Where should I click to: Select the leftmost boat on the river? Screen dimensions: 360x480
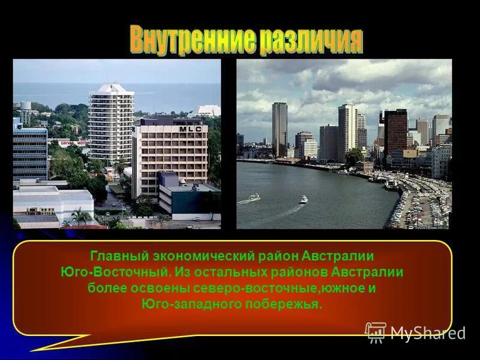[x=254, y=197]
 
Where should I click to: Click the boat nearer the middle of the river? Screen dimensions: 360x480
[x=304, y=200]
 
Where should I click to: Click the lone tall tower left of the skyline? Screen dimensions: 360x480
[x=280, y=129]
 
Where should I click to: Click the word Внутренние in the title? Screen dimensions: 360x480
[x=191, y=40]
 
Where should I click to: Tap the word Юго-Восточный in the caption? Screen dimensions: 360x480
[x=116, y=272]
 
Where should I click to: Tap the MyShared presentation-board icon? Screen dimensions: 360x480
[x=376, y=332]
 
